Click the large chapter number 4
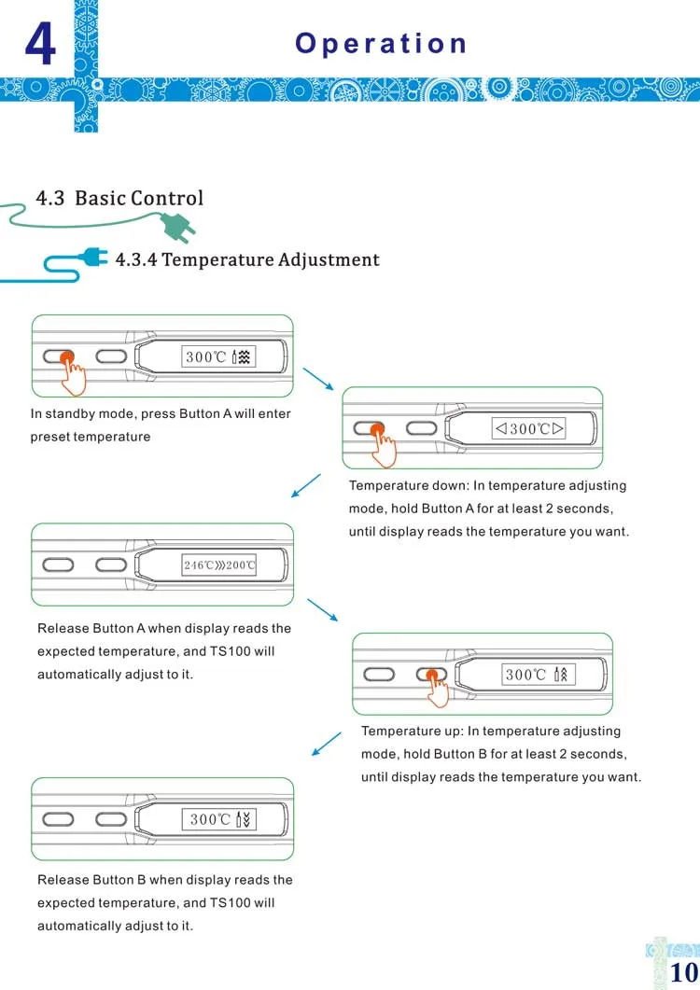coord(40,43)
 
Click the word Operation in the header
coord(381,44)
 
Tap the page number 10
coord(683,972)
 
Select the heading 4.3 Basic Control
coord(119,198)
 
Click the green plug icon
coord(177,227)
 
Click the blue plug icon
coord(93,258)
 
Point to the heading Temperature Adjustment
coord(271,259)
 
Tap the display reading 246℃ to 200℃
coord(219,565)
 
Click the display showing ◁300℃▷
coord(529,428)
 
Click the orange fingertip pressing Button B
coord(432,676)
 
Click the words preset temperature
coord(91,437)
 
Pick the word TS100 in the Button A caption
coord(230,651)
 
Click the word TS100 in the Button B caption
coord(230,903)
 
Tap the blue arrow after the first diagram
coord(318,379)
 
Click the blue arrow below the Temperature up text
coord(327,744)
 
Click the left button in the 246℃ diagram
coord(58,564)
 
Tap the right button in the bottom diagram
coord(111,819)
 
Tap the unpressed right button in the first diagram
coord(111,356)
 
